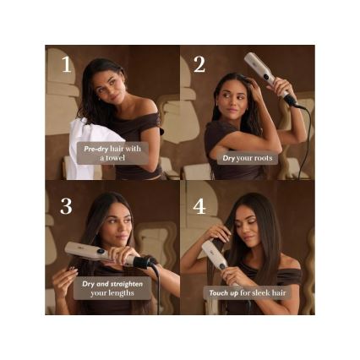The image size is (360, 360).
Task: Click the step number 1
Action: [65, 65]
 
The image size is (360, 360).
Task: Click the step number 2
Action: [199, 65]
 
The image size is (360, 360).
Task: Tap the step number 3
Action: [65, 207]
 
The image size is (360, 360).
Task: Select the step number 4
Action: [199, 207]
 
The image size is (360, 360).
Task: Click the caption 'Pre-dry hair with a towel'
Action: [112, 153]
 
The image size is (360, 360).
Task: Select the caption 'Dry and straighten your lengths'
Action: [112, 289]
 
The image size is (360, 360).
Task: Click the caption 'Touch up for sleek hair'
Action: [248, 293]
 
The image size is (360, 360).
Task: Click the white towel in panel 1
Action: [85, 144]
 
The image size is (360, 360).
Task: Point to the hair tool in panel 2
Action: [264, 72]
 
